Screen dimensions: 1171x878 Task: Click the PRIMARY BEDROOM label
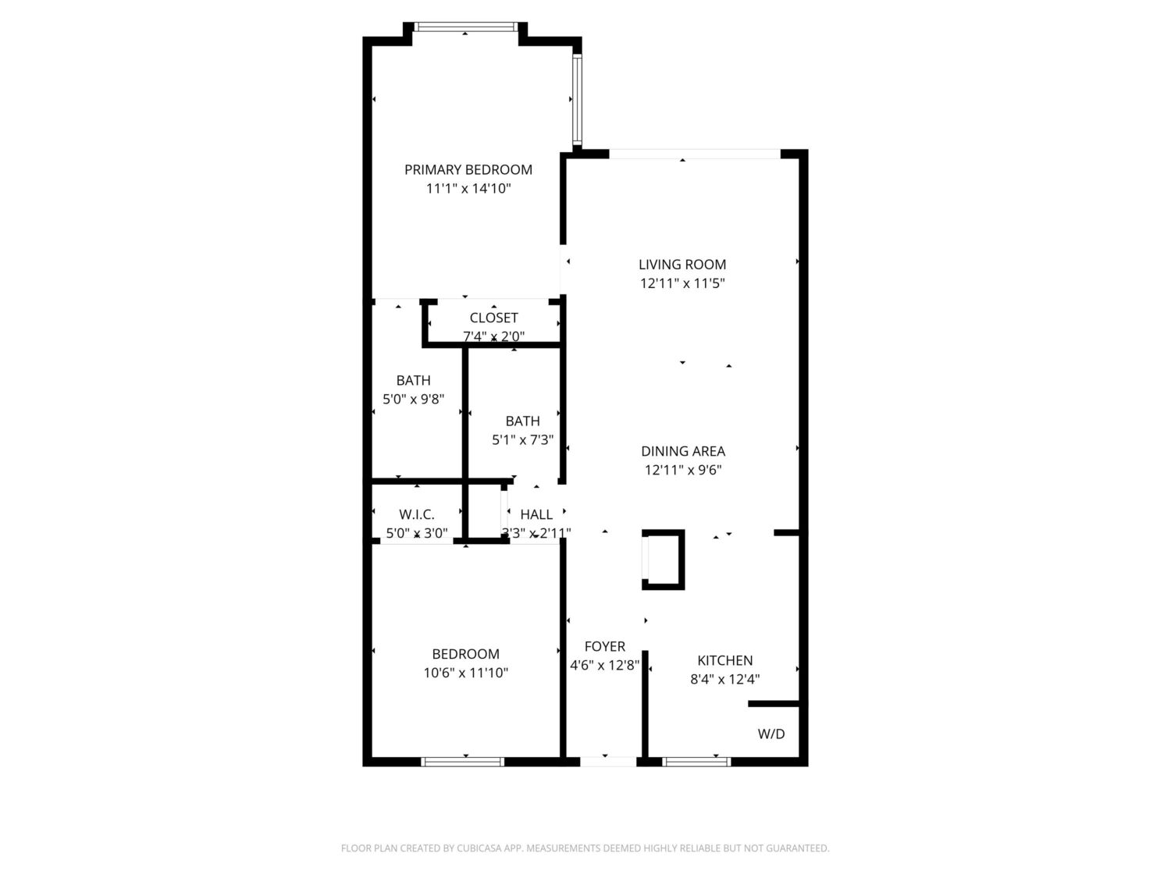click(468, 169)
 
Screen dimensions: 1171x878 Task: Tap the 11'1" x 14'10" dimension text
click(468, 189)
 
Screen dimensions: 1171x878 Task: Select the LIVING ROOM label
click(682, 265)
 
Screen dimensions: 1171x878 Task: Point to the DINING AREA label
click(682, 451)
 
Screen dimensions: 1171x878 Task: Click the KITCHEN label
click(724, 660)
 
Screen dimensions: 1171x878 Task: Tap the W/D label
click(771, 734)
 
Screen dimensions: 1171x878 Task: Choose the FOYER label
click(604, 647)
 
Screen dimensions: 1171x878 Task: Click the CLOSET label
click(493, 318)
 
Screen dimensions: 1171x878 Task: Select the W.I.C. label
click(416, 514)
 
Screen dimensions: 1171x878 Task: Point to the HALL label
click(536, 514)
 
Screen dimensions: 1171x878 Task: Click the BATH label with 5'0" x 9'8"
click(413, 380)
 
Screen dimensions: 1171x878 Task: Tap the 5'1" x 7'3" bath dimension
click(522, 440)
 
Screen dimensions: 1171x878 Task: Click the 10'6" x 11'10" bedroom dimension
click(465, 673)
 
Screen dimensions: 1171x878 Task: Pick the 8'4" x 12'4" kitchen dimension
click(724, 679)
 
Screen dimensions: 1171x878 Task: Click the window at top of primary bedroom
click(464, 27)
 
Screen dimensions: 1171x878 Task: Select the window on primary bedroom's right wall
click(577, 99)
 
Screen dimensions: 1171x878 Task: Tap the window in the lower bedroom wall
click(462, 762)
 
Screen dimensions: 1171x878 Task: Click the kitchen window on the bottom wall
click(696, 762)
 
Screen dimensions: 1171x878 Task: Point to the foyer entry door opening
click(607, 762)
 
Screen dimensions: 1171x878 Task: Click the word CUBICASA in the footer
click(478, 848)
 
